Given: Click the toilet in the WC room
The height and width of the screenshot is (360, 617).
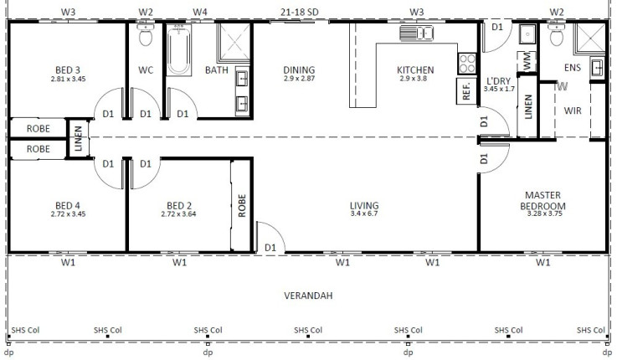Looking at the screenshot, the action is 146,34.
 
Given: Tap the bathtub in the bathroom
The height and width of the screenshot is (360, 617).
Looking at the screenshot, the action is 179,50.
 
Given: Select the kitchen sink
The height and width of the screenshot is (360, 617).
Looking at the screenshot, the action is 416,33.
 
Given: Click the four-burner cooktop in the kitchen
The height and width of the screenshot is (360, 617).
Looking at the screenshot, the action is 467,64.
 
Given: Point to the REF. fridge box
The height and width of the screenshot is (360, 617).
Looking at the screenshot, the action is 466,91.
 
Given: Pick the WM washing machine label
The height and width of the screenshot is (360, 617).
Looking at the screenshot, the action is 527,61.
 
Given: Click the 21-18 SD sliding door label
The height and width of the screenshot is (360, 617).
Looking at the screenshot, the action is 300,13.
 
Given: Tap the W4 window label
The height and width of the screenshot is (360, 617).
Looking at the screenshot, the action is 200,13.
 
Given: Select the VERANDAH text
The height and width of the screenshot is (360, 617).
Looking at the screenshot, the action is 308,296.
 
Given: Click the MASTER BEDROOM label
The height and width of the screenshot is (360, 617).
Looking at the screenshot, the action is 543,201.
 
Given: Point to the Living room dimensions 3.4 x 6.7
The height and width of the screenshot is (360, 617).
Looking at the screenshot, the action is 364,213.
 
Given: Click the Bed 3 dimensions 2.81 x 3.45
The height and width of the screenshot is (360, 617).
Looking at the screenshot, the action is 68,79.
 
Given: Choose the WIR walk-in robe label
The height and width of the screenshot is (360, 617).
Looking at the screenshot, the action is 573,111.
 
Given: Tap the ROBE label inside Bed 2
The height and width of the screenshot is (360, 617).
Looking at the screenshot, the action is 242,205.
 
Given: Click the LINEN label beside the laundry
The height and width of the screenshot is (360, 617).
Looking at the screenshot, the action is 528,106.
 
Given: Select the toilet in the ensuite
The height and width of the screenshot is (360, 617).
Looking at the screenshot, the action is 557,34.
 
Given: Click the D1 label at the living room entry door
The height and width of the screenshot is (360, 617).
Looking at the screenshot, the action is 270,248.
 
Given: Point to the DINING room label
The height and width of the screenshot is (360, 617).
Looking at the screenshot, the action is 299,70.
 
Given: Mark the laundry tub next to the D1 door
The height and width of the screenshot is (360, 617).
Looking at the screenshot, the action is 527,34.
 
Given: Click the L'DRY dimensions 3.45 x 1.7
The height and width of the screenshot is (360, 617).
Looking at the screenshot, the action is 499,89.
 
